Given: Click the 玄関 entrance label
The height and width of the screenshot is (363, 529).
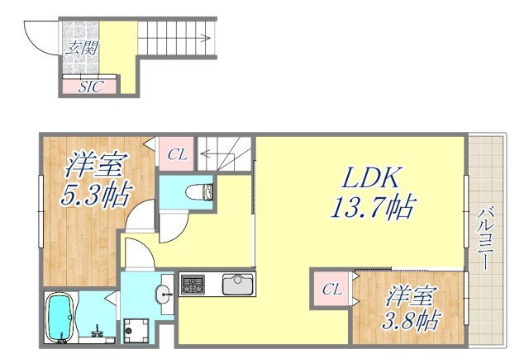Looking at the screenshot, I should point(79,48).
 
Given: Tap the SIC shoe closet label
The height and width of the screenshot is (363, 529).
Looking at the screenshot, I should point(90,86).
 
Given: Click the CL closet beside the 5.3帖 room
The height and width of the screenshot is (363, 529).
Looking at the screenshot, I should point(177,153).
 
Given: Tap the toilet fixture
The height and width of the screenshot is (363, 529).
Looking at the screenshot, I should point(199,193).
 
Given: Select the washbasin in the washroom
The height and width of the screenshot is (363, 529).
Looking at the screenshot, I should point(164,290).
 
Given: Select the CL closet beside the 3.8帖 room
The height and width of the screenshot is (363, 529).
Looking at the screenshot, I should point(331,289).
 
